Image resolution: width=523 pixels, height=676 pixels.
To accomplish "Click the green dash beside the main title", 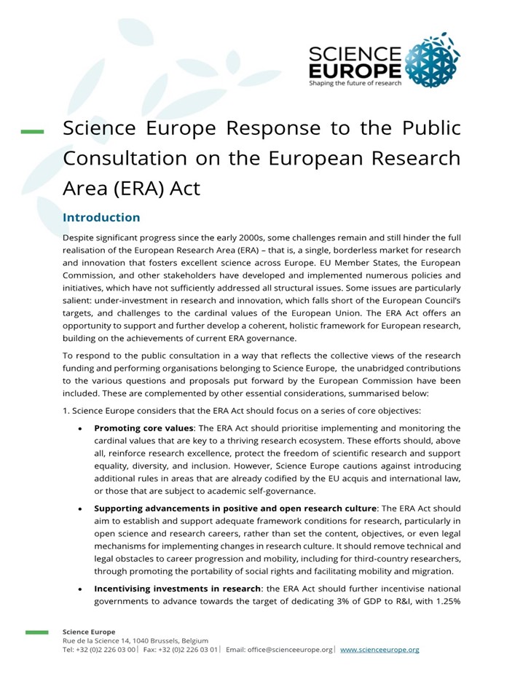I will click(32, 132).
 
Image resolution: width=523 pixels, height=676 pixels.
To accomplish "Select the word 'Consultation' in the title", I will click(127, 158).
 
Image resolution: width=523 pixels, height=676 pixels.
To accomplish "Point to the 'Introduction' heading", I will click(101, 218).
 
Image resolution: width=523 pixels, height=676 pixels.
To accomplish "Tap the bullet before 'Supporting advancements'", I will click(80, 508).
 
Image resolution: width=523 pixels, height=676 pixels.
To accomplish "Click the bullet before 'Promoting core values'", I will click(80, 428).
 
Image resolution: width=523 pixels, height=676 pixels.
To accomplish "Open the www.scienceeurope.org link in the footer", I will click(380, 649).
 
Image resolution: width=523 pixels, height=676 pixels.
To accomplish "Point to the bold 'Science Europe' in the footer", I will click(89, 632).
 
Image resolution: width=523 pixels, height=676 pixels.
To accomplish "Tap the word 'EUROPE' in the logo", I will click(354, 70).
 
